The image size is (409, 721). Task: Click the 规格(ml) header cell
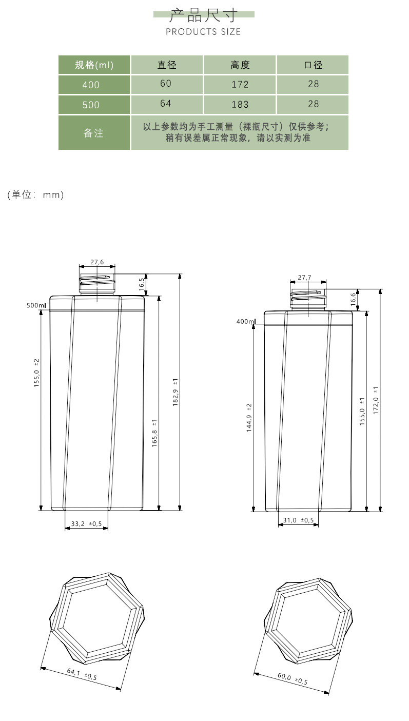[94, 65]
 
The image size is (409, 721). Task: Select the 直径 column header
[167, 65]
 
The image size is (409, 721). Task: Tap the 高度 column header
[240, 65]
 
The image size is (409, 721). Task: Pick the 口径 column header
[313, 65]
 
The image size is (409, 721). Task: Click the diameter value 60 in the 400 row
[166, 84]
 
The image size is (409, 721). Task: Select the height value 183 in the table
[240, 104]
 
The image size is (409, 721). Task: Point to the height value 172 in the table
[240, 84]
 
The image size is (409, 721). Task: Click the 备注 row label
[93, 133]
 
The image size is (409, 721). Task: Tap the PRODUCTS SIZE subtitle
[203, 32]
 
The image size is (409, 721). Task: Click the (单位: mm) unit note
[35, 194]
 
